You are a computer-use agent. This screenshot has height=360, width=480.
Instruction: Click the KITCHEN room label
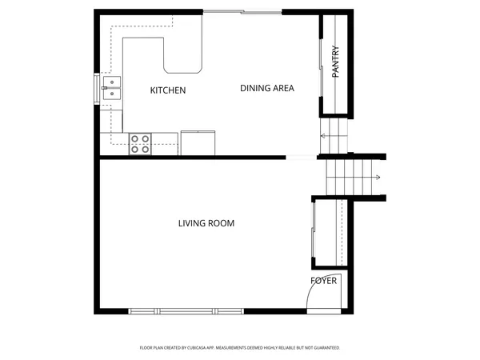pyautogui.click(x=168, y=90)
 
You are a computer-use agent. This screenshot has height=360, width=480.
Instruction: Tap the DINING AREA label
pyautogui.click(x=267, y=88)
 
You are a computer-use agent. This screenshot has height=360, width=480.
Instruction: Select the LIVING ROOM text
pyautogui.click(x=206, y=223)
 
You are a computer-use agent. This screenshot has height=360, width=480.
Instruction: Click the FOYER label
pyautogui.click(x=324, y=281)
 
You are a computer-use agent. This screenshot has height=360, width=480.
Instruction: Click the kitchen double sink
pyautogui.click(x=113, y=88)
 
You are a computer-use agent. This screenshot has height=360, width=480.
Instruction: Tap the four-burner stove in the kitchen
pyautogui.click(x=140, y=143)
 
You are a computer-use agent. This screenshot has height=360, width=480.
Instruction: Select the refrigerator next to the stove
pyautogui.click(x=198, y=142)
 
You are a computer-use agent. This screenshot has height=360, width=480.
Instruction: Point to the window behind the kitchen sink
pyautogui.click(x=98, y=88)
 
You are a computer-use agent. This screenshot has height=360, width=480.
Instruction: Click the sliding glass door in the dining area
pyautogui.click(x=242, y=12)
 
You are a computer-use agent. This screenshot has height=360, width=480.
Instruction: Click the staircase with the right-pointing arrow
pyautogui.click(x=353, y=177)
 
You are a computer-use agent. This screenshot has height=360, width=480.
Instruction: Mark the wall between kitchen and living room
pyautogui.click(x=192, y=158)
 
